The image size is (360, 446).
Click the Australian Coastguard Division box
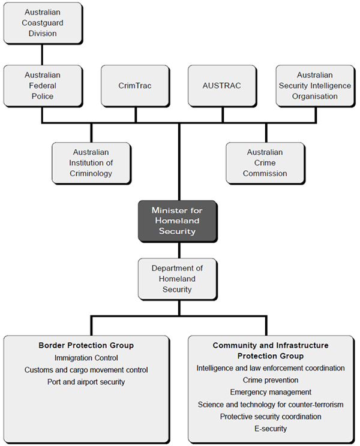(41, 23)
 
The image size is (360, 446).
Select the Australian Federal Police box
(43, 86)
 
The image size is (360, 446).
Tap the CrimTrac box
(135, 86)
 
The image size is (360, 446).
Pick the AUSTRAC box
(222, 86)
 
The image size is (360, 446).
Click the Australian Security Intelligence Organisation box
(315, 86)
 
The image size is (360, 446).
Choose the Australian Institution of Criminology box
(91, 163)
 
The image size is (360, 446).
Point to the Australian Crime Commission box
(265, 163)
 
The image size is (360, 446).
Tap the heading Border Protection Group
(86, 345)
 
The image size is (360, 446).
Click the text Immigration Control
(86, 358)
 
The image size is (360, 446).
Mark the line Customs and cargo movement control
(86, 370)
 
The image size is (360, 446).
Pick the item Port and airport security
(86, 382)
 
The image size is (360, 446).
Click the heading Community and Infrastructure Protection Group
(270, 351)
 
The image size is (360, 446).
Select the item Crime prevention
(270, 380)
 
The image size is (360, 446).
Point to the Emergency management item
(270, 392)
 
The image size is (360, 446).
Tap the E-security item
(270, 429)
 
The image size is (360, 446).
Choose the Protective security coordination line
(270, 417)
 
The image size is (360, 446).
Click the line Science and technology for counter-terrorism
(270, 405)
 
